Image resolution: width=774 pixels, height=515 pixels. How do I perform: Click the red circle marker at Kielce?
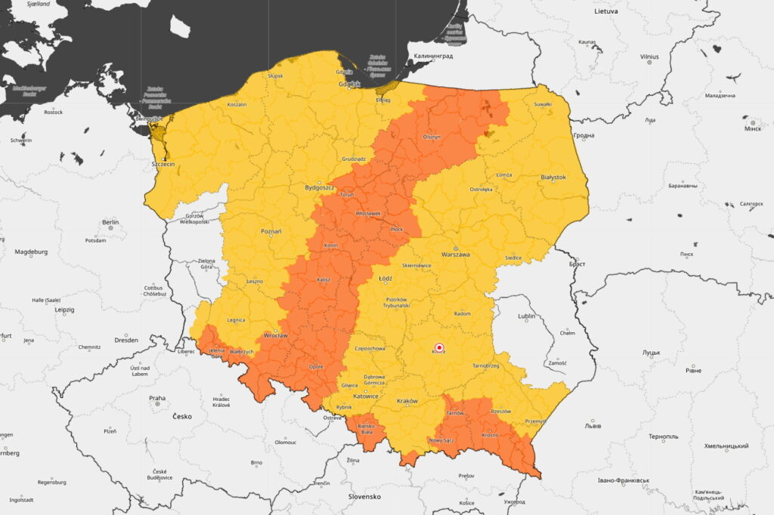[439, 347]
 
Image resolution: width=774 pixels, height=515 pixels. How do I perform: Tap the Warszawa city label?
[456, 254]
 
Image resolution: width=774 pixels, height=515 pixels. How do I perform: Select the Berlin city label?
[110, 223]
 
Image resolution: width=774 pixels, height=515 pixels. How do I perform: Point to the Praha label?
[157, 398]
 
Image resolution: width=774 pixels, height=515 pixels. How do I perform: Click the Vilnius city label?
[649, 57]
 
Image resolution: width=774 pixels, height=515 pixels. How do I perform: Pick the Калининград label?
[432, 56]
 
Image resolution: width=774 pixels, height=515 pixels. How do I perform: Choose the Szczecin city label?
[163, 164]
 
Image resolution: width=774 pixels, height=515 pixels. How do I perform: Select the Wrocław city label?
[275, 335]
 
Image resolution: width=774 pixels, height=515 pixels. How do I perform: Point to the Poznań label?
[271, 231]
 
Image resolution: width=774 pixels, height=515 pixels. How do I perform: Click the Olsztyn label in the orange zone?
[432, 137]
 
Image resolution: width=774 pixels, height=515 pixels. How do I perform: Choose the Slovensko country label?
[364, 496]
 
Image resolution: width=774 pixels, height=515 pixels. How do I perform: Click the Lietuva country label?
[606, 11]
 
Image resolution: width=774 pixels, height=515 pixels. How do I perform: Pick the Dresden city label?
[126, 340]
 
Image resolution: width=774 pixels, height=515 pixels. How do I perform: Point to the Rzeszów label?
[500, 411]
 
